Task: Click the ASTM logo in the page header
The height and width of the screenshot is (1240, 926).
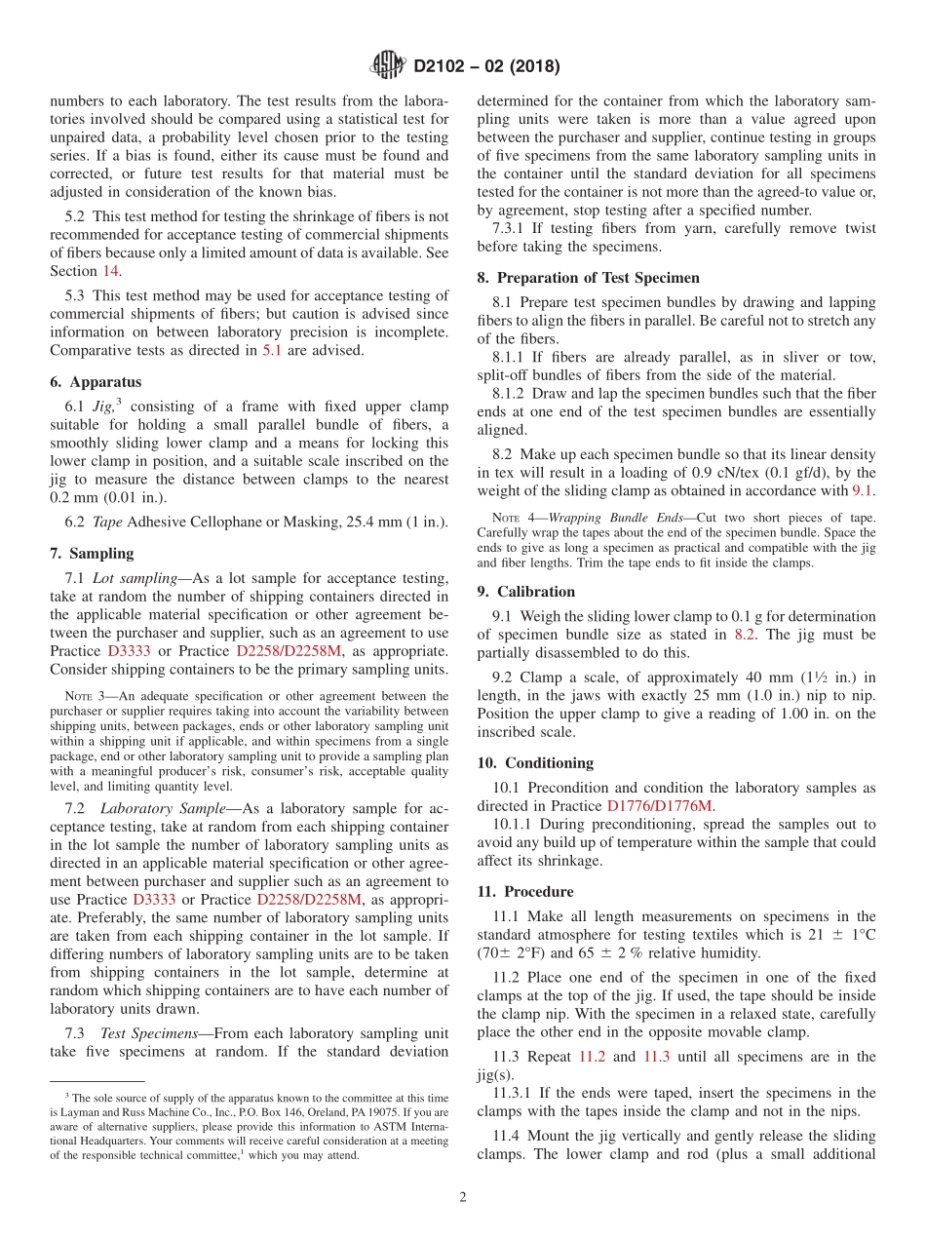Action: [389, 66]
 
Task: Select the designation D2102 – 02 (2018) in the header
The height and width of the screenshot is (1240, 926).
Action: [486, 67]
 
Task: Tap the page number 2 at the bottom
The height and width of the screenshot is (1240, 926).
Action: [463, 1197]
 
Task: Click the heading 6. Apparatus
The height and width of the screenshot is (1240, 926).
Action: [96, 382]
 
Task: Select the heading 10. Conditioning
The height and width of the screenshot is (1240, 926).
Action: [535, 762]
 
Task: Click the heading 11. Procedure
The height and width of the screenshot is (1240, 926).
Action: [525, 891]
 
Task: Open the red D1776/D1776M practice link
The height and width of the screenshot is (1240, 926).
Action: [660, 805]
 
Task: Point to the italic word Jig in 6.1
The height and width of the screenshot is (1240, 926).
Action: [103, 407]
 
